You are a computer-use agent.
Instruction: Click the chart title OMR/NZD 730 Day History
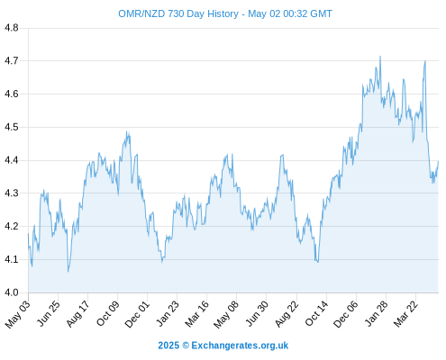[178, 13]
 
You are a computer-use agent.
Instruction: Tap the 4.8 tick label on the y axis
[12, 28]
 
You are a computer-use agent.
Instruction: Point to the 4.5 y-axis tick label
[12, 127]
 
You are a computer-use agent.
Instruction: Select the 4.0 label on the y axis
[12, 292]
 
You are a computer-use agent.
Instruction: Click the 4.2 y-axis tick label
[12, 226]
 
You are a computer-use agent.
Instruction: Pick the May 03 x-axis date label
[17, 314]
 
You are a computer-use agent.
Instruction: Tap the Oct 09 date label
[107, 313]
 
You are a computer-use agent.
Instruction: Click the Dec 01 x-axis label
[137, 313]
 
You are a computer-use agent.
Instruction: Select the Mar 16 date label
[196, 313]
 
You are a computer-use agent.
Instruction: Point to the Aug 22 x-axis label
[287, 313]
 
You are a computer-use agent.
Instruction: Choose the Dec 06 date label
[346, 314]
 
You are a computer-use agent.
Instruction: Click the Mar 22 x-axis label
[405, 313]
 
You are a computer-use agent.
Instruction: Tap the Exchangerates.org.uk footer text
[240, 346]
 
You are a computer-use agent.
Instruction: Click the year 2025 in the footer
[168, 346]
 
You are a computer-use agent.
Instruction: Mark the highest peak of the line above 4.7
[380, 56]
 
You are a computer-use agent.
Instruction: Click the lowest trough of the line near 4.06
[68, 272]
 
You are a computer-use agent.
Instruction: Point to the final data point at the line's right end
[438, 161]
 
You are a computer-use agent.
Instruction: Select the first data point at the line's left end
[29, 234]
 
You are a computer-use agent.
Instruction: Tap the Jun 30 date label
[257, 313]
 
